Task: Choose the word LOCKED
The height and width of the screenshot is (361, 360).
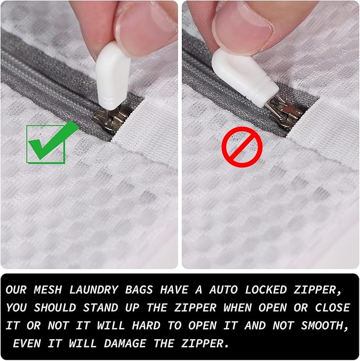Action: point(279,290)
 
